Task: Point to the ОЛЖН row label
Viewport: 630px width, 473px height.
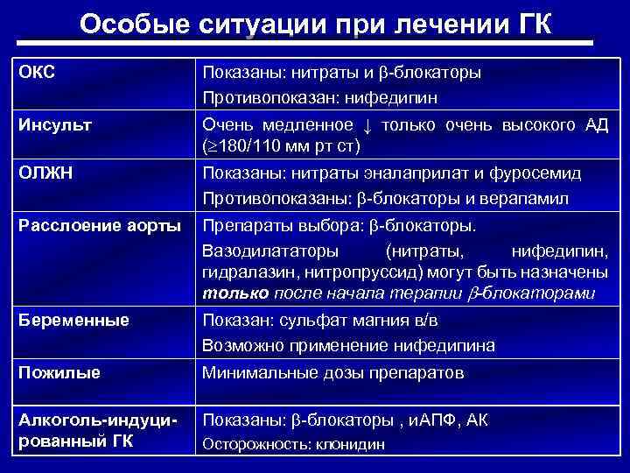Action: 44,173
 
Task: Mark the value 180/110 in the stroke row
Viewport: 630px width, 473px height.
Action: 251,145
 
